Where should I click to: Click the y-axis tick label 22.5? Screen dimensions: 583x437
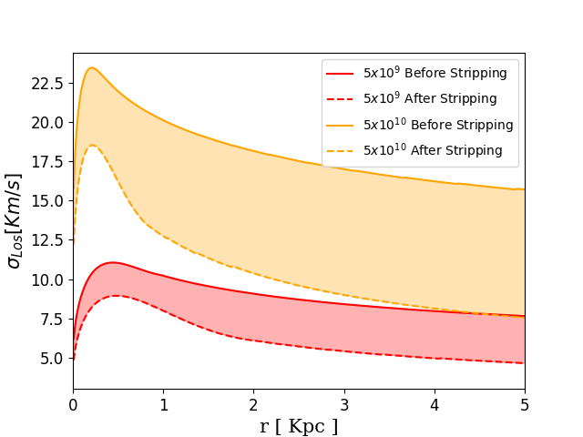pos(47,84)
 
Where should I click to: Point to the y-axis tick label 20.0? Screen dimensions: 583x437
pos(47,123)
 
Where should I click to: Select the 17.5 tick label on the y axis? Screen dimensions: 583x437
pos(47,162)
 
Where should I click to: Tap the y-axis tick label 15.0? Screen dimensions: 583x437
pos(47,201)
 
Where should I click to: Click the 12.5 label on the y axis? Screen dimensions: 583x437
pos(47,240)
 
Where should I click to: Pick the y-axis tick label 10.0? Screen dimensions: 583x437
pos(47,280)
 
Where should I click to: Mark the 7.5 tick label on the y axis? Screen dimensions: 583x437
pos(52,320)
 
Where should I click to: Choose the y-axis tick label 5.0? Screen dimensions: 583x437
pos(52,359)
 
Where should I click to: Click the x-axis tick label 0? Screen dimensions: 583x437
pos(73,405)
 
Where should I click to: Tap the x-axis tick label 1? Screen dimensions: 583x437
pos(164,405)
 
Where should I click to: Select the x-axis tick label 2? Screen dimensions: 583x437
pos(254,405)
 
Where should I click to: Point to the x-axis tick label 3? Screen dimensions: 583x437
pos(344,405)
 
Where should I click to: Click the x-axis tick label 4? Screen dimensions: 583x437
pos(435,405)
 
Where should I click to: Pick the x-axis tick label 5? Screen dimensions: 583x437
pos(525,405)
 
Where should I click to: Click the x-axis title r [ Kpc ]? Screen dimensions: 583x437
pos(299,426)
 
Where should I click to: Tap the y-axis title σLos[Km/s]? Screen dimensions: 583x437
pos(15,221)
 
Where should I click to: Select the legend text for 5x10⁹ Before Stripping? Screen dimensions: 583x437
pos(435,73)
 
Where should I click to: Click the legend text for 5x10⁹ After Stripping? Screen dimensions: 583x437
pos(430,98)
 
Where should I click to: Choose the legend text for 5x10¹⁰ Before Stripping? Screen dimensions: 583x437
pos(438,124)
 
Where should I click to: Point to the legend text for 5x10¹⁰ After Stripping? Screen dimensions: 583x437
pos(434,149)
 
